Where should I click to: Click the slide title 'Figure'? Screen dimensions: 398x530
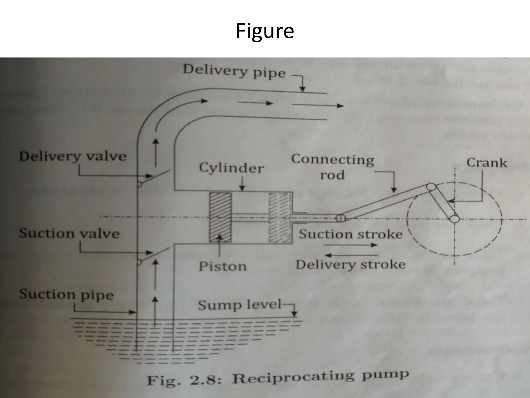(x=265, y=31)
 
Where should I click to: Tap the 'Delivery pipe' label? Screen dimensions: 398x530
(x=234, y=71)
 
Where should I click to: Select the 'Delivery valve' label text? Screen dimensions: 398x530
(x=73, y=157)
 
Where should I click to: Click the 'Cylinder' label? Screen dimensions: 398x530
(x=231, y=168)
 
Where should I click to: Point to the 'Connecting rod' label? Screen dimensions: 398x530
(x=333, y=167)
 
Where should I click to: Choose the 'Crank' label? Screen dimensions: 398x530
(x=487, y=163)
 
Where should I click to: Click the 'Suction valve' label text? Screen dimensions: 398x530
(x=69, y=233)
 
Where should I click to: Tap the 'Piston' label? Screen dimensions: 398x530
(x=223, y=266)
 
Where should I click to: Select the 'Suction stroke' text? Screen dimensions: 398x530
(x=351, y=234)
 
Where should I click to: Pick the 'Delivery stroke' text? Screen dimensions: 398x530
(x=351, y=265)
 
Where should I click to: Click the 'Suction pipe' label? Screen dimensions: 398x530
(x=66, y=295)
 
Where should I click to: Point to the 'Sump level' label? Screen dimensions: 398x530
(x=239, y=305)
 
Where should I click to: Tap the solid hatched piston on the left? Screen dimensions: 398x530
(x=220, y=217)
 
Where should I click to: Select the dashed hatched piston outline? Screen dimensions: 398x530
(x=279, y=217)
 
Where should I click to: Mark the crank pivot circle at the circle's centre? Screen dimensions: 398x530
(x=454, y=219)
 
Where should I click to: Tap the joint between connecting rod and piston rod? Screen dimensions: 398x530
(x=341, y=218)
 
